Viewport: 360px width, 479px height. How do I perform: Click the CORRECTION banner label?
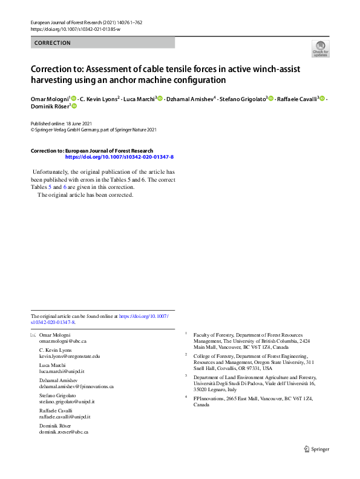click(53, 43)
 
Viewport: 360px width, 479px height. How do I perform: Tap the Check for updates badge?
click(320, 48)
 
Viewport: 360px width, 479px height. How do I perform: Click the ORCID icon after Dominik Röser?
click(74, 106)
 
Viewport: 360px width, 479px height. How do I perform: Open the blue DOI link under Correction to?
click(119, 157)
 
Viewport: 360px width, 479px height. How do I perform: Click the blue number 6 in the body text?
click(65, 187)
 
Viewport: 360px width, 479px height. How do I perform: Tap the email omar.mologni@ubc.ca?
click(62, 342)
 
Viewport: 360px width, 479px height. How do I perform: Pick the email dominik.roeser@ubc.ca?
click(64, 432)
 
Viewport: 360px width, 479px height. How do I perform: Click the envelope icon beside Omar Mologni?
click(33, 335)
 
